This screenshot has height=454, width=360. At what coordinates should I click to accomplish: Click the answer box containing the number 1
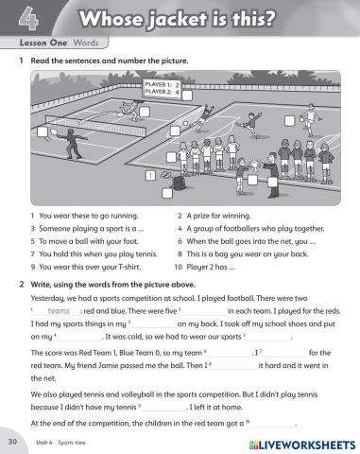pyautogui.click(x=149, y=175)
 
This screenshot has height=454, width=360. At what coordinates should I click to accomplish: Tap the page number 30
pyautogui.click(x=12, y=441)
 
